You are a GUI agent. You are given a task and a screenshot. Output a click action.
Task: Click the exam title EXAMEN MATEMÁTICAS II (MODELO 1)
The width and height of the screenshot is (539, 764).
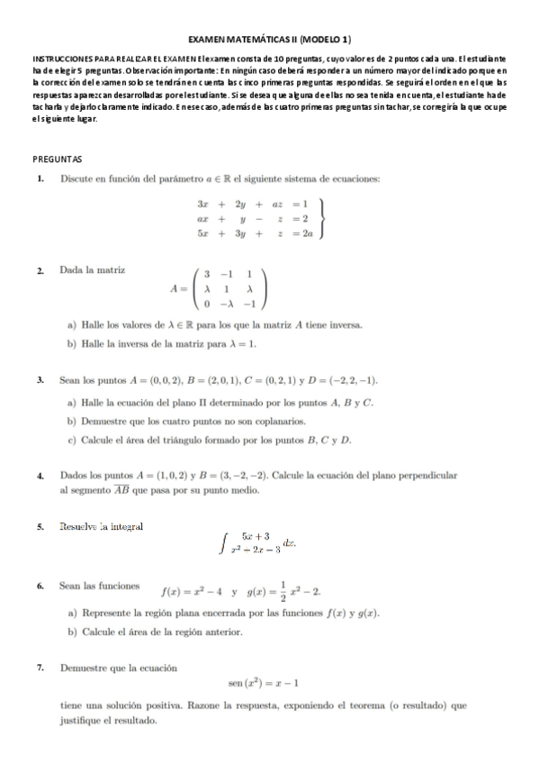click(x=269, y=40)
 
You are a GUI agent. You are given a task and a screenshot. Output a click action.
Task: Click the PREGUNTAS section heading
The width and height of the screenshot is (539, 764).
click(x=57, y=159)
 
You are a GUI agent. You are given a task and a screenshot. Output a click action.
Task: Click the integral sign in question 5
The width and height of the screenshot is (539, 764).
click(x=222, y=541)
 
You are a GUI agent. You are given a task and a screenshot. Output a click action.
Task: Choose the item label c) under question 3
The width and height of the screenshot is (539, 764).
click(x=72, y=440)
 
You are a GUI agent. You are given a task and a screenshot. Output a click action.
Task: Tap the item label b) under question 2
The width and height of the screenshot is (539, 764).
click(x=72, y=343)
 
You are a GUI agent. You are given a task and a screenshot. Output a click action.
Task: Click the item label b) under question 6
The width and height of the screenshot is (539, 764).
click(x=72, y=632)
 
